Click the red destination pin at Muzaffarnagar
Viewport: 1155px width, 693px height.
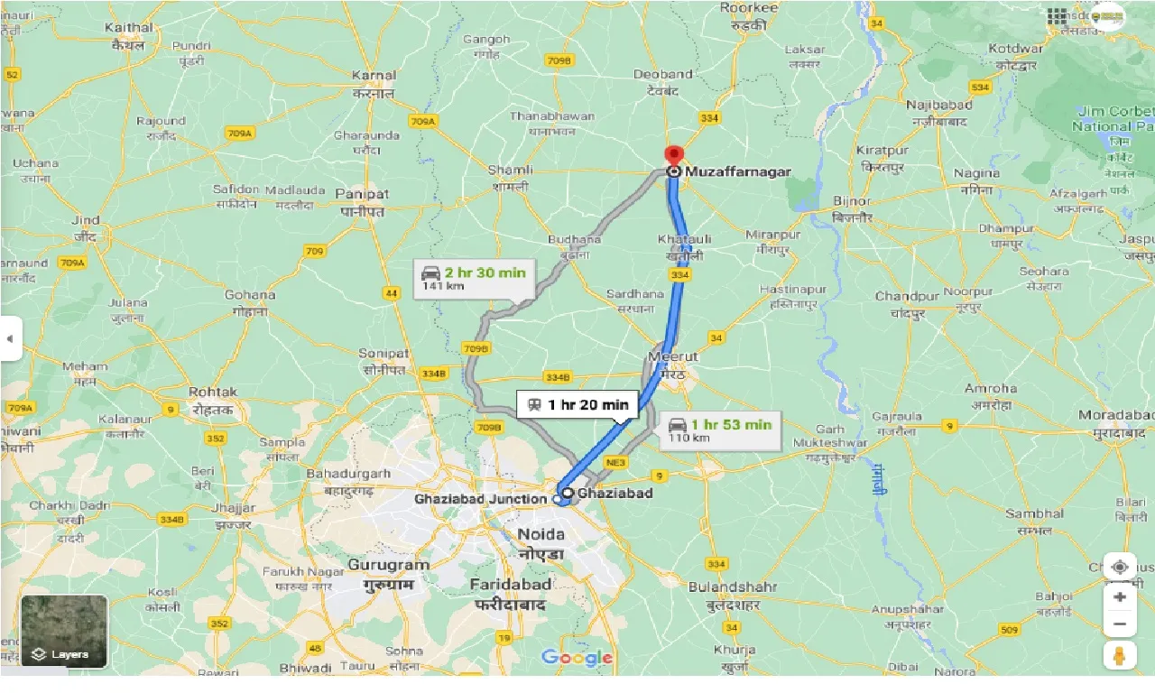[x=673, y=154]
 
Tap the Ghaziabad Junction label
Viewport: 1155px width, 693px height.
[x=480, y=499]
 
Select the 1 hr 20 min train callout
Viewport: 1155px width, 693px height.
[x=577, y=404]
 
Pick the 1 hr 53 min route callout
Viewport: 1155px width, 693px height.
[x=720, y=430]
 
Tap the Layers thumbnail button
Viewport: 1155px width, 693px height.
[x=64, y=632]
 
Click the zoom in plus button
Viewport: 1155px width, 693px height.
[x=1119, y=597]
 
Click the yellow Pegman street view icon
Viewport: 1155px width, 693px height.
[x=1119, y=656]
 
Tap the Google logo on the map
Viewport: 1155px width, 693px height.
[x=577, y=658]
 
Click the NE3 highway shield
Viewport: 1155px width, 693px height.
[x=616, y=463]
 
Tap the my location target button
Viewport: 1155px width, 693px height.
[x=1119, y=567]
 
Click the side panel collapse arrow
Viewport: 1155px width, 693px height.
[x=10, y=338]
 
